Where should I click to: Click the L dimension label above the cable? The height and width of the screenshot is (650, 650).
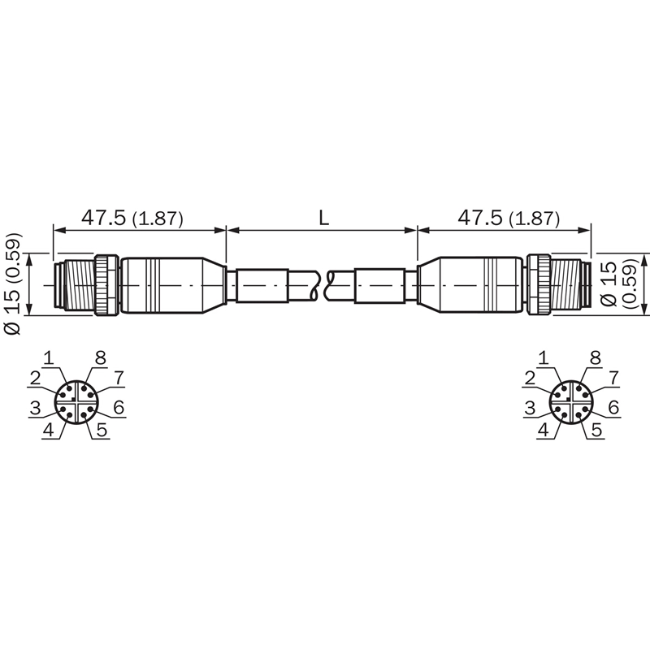[323, 218]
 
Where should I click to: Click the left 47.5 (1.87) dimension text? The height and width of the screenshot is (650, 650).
[132, 218]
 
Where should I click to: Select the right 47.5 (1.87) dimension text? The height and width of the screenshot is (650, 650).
[509, 218]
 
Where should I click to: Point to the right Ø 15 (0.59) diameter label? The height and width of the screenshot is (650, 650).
[617, 284]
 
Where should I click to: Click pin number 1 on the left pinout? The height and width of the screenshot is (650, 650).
[49, 358]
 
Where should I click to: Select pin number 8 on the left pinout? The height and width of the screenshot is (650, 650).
[100, 357]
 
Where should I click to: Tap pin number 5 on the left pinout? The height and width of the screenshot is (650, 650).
[102, 430]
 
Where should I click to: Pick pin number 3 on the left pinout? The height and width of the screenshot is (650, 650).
[35, 409]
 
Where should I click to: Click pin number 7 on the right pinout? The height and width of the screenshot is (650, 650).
[613, 378]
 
